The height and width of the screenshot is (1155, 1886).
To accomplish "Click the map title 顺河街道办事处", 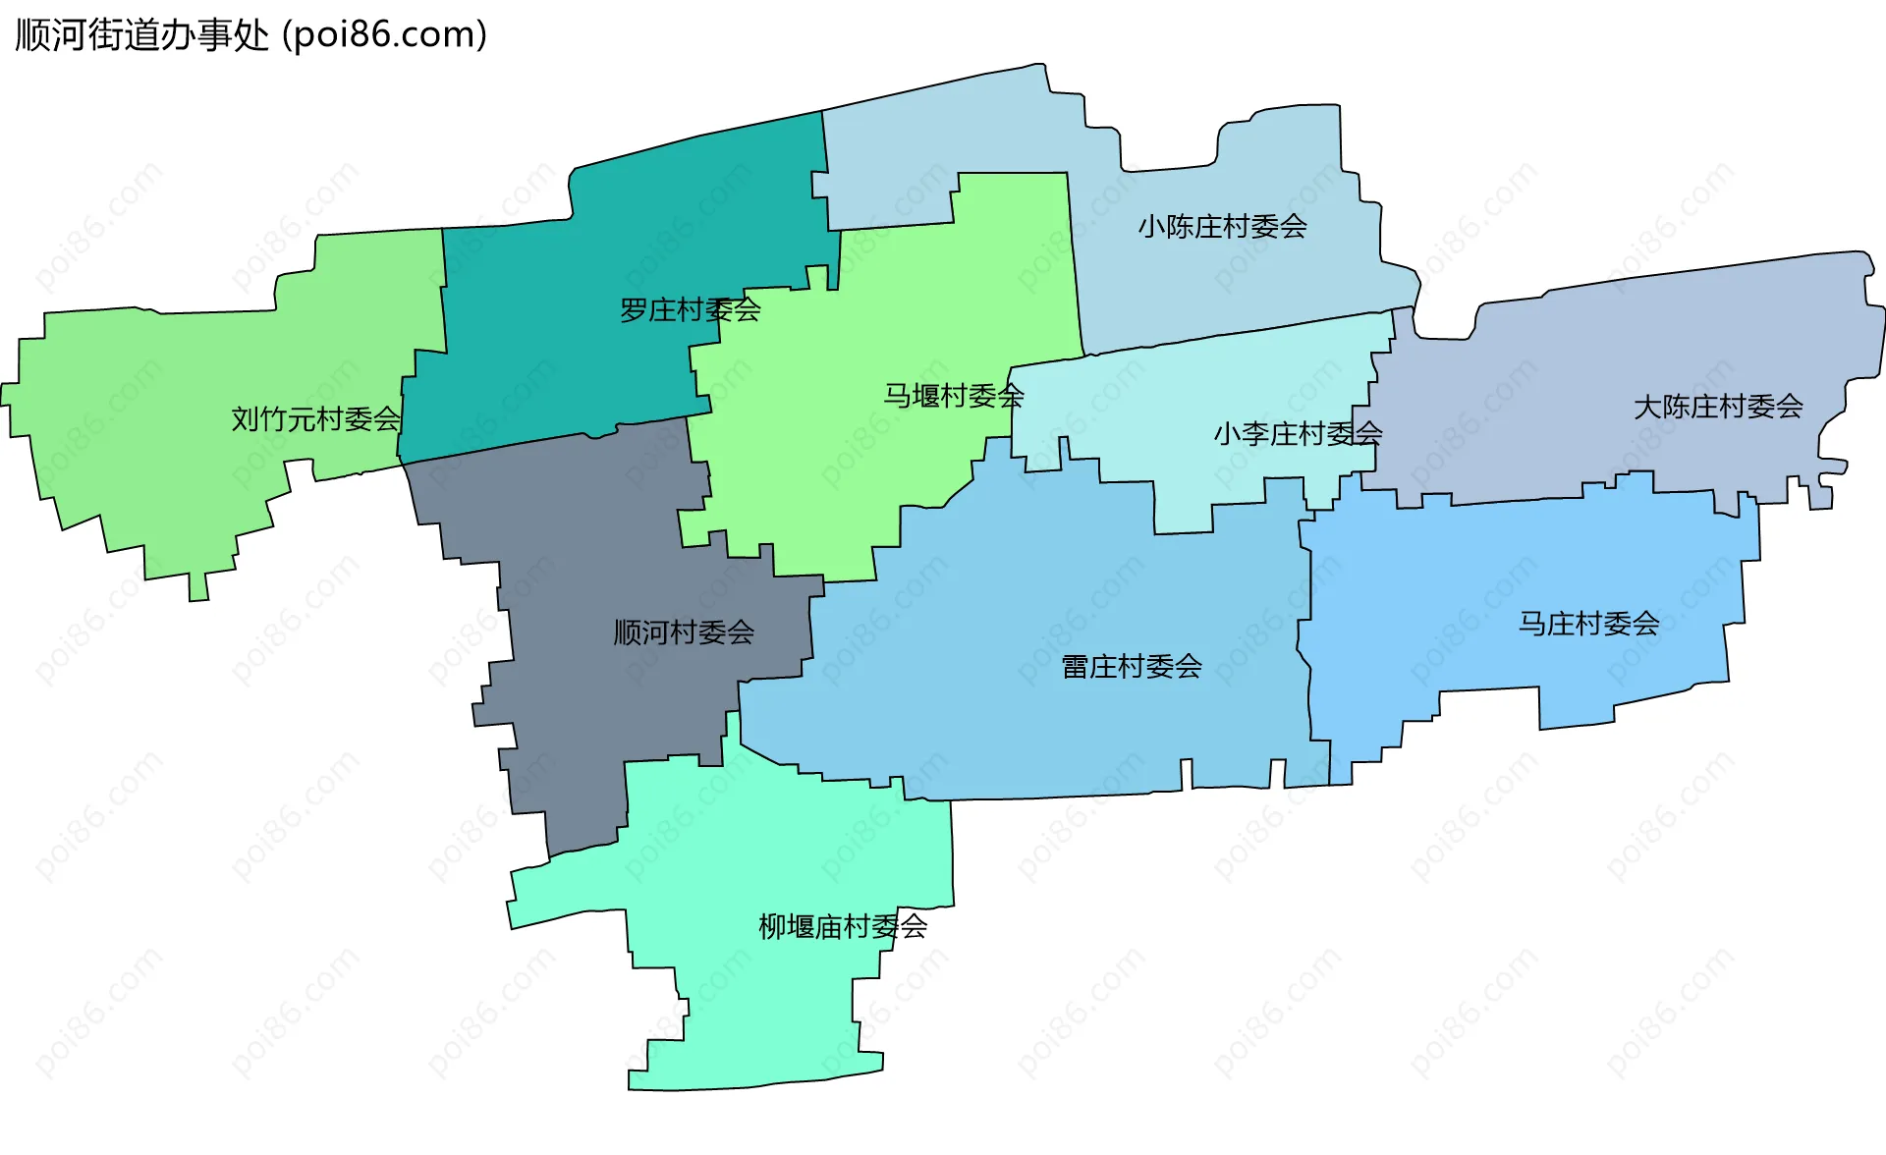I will (142, 35).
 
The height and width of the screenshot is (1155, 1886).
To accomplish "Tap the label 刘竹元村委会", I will (315, 419).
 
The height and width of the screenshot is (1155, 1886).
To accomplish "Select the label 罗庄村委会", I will (690, 310).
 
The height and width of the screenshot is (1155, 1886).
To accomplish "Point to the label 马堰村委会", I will (953, 396).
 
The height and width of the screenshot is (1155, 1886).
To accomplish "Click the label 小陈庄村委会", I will (1222, 227).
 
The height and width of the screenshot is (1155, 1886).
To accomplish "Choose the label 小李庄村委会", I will (1298, 433).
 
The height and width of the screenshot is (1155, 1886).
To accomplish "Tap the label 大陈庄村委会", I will (1718, 407).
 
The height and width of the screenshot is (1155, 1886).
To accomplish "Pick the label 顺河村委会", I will (684, 632).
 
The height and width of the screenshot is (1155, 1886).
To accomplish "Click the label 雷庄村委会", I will (1132, 667).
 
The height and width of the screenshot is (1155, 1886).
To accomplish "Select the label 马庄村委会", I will (1588, 624).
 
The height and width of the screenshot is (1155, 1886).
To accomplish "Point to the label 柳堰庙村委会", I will (843, 926).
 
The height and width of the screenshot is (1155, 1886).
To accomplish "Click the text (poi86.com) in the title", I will (385, 35).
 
